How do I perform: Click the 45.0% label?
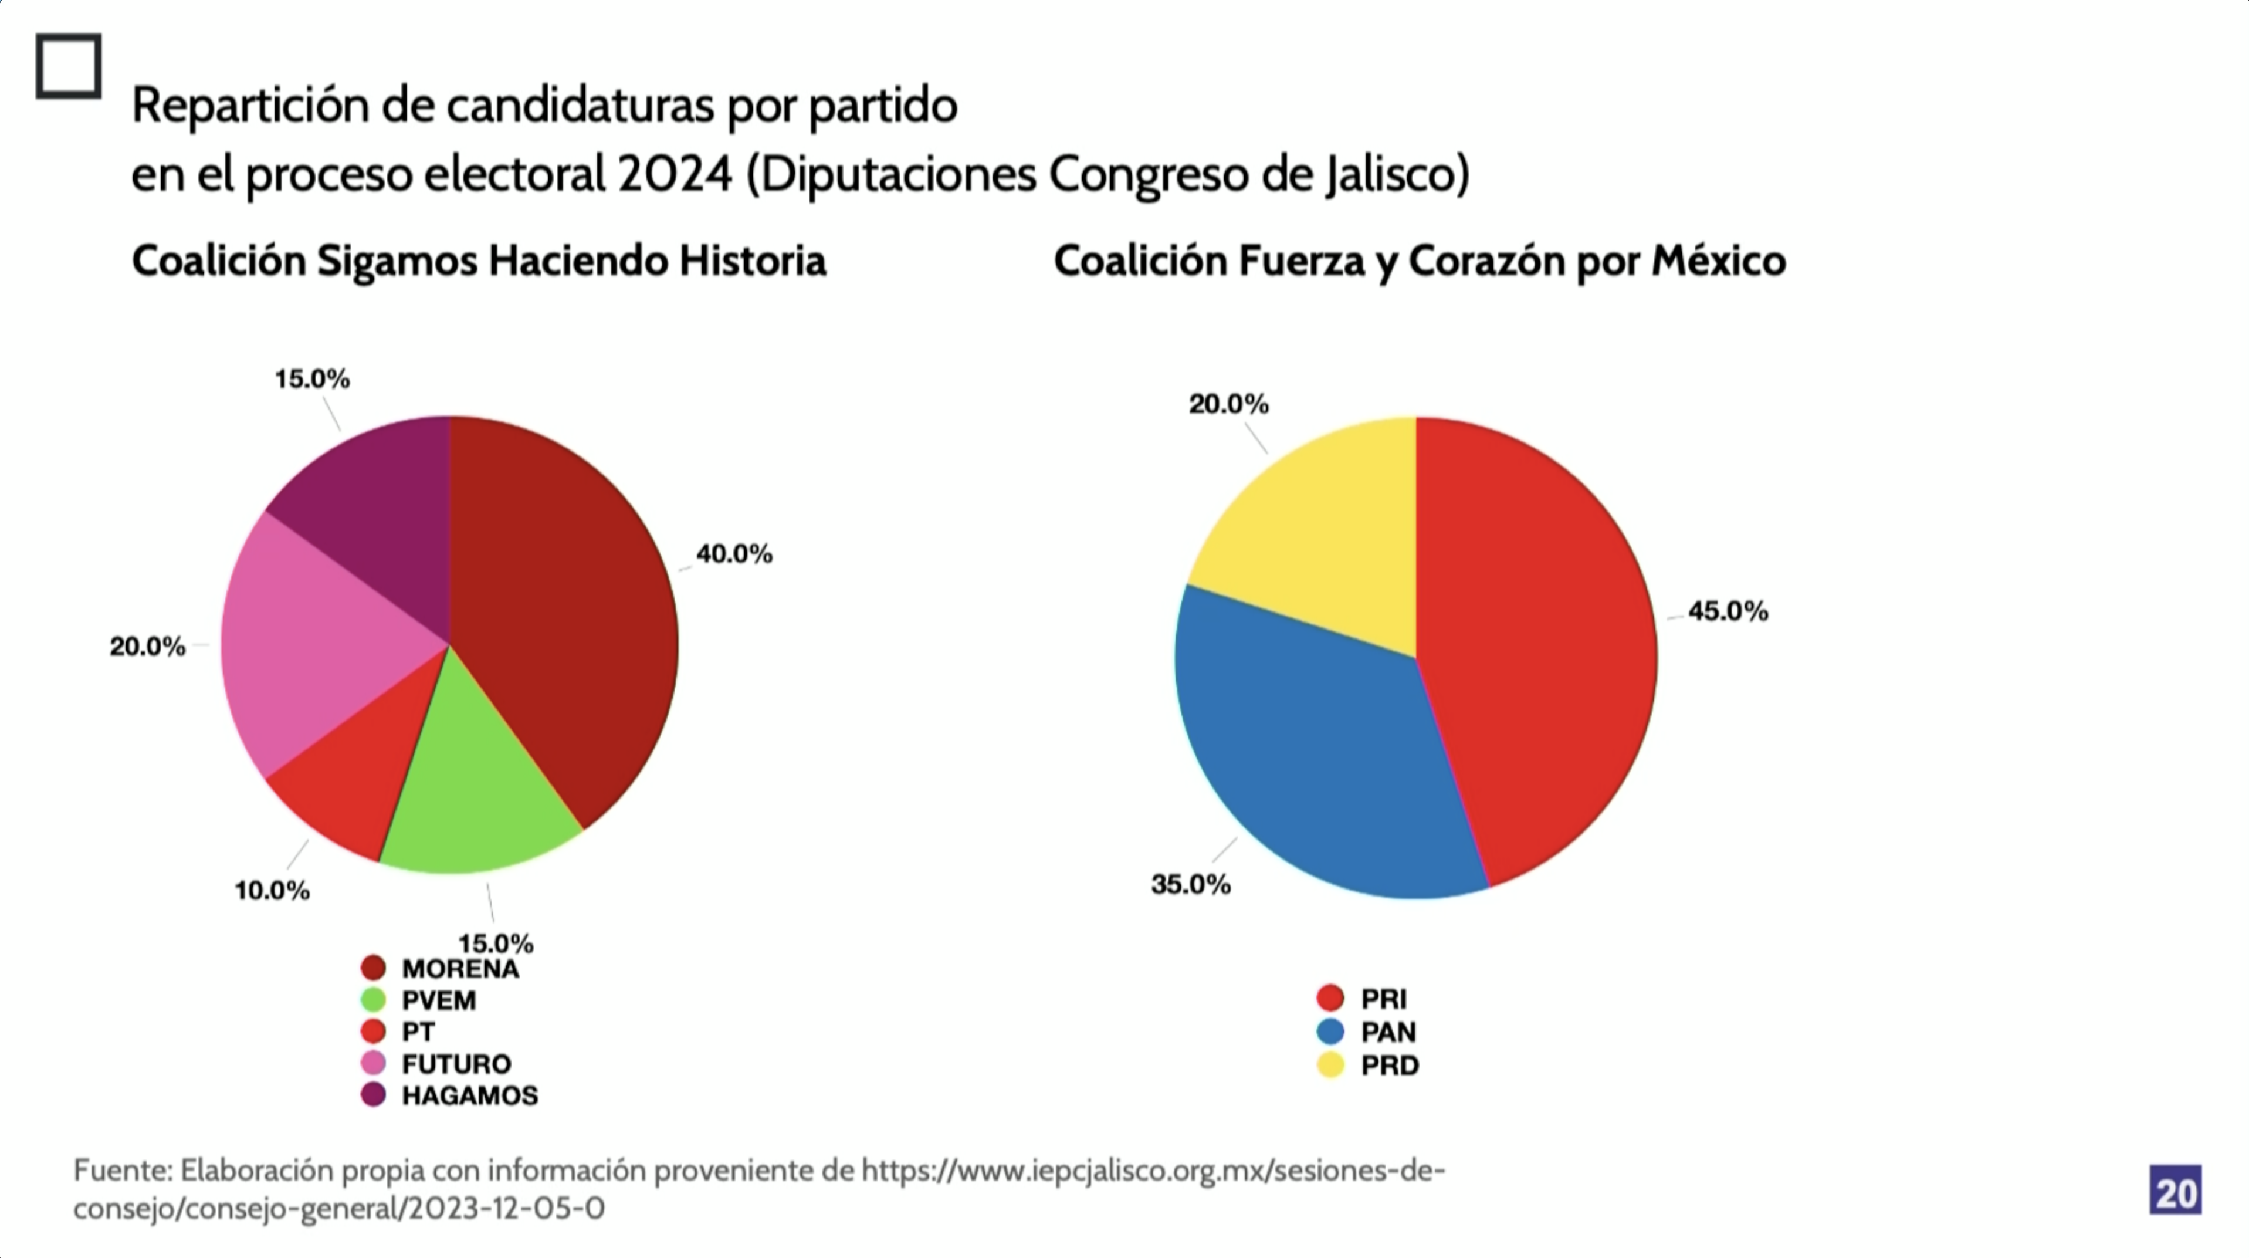(x=1728, y=611)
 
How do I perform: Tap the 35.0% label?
(x=1191, y=884)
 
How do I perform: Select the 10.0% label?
(x=272, y=891)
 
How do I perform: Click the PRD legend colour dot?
(x=1330, y=1065)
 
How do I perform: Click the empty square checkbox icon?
(x=68, y=66)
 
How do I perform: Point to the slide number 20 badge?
(x=2175, y=1190)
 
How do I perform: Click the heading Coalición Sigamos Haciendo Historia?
(x=479, y=260)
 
